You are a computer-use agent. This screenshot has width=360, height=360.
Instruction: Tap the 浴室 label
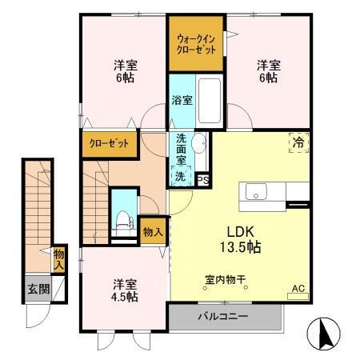182,101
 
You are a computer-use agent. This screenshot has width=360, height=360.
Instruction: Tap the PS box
202,179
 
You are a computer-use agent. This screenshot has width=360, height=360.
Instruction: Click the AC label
298,289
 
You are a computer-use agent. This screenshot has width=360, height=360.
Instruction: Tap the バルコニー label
225,315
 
